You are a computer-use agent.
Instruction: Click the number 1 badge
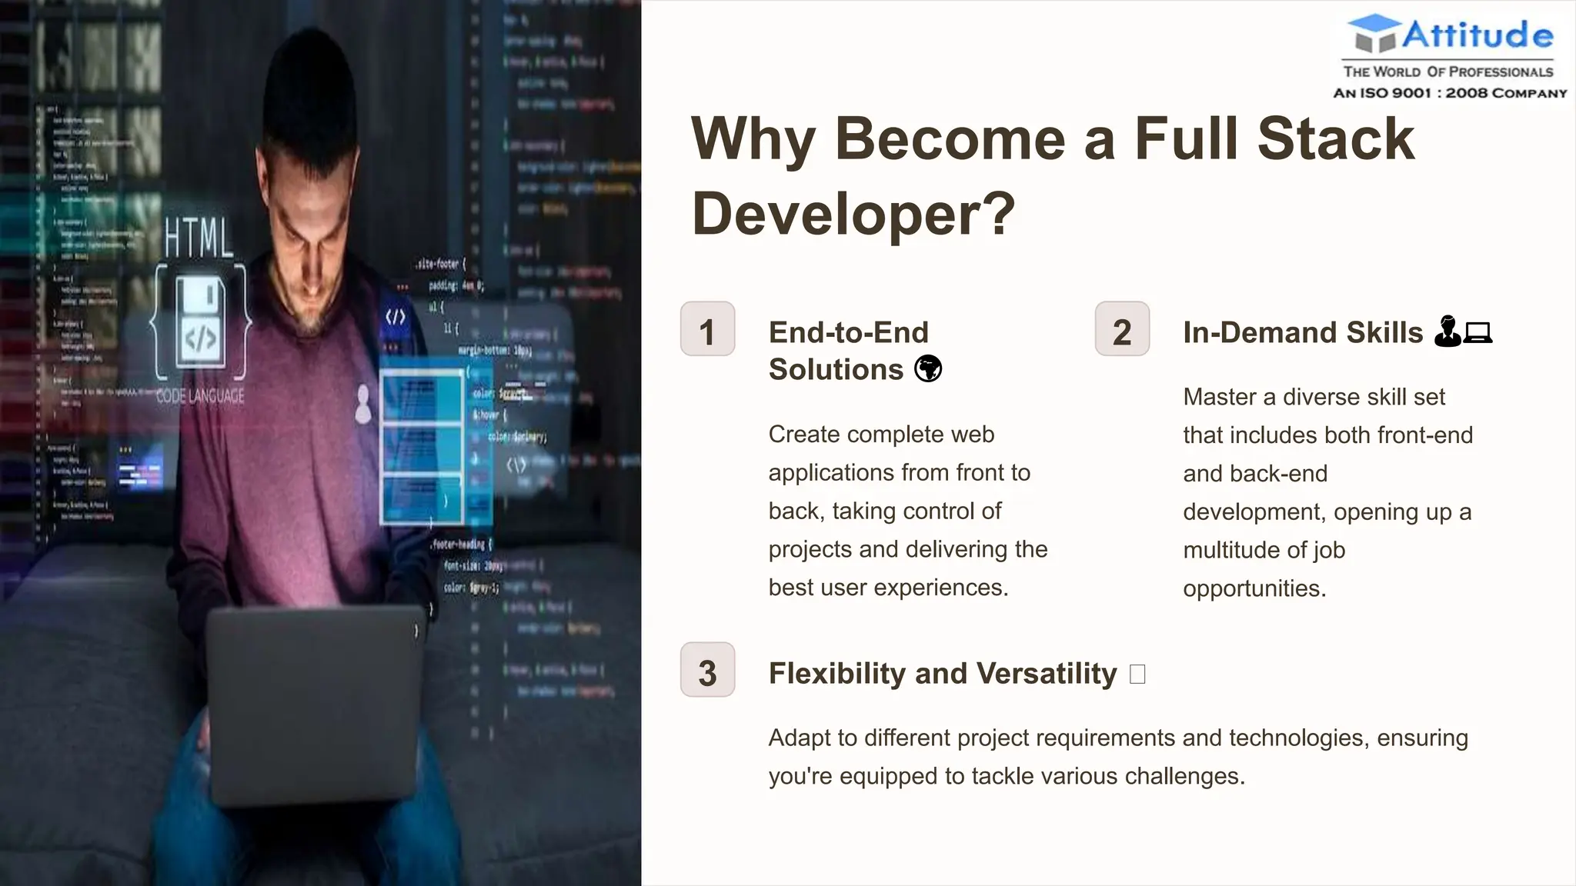(x=707, y=329)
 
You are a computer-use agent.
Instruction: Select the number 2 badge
(x=1122, y=329)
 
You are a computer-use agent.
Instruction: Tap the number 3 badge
(x=707, y=670)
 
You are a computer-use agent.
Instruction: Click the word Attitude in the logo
(x=1477, y=35)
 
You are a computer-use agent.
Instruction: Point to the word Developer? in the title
(x=853, y=214)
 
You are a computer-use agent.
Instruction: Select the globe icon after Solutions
(x=928, y=369)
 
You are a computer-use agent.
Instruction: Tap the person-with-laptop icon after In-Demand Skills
(x=1463, y=332)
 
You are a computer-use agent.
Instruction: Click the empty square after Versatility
(x=1137, y=674)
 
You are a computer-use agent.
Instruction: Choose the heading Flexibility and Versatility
(x=942, y=674)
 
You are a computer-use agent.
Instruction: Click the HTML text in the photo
(x=199, y=238)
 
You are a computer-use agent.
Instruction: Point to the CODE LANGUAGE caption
(x=200, y=396)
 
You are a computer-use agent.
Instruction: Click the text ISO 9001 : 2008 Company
(x=1450, y=93)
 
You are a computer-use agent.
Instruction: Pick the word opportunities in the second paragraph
(x=1254, y=588)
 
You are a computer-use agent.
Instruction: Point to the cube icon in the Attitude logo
(x=1374, y=35)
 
